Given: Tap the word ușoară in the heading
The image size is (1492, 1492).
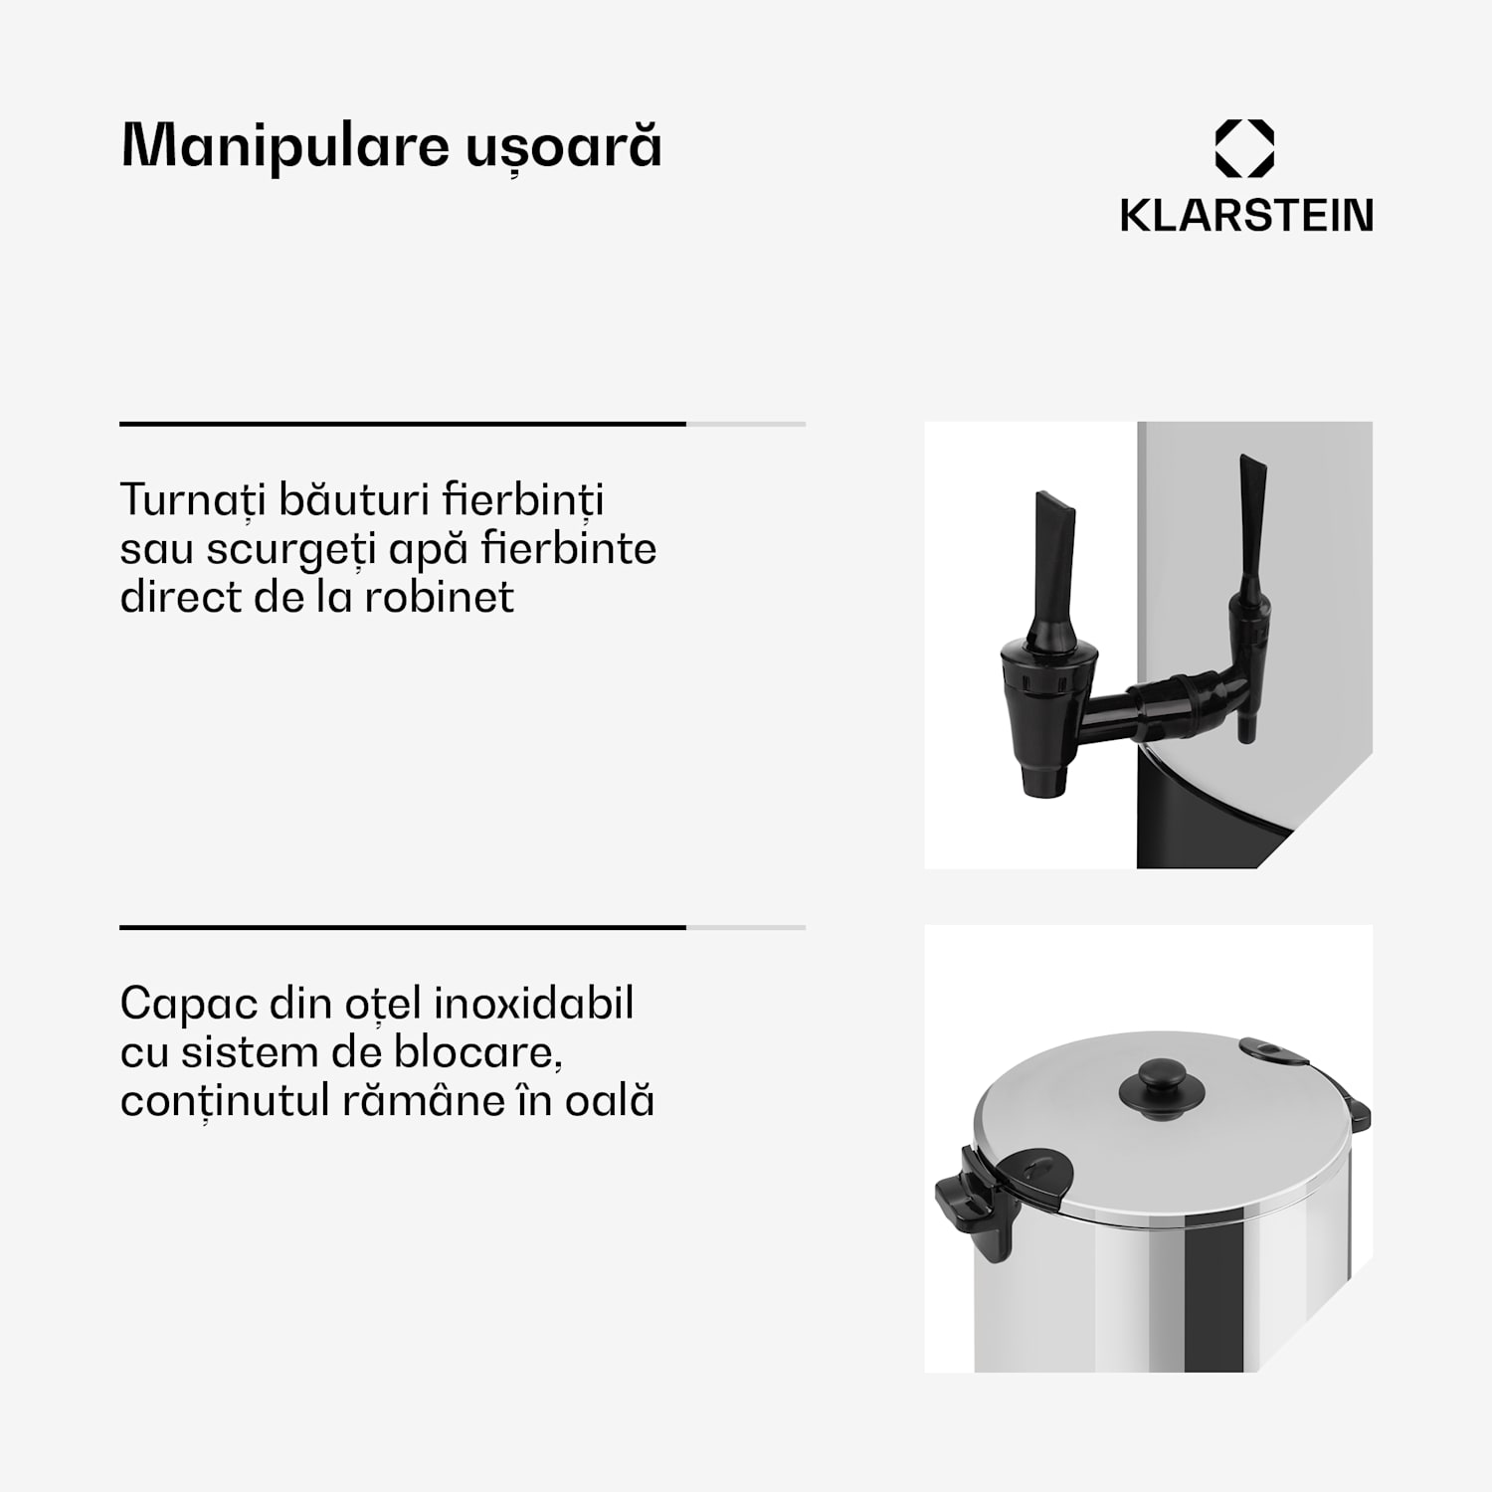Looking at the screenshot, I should (x=564, y=146).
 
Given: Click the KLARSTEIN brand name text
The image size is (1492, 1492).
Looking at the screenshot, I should (x=1246, y=216).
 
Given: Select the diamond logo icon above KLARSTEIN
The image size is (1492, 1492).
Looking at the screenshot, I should (x=1244, y=149).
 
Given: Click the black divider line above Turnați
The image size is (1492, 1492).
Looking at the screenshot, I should (x=403, y=424).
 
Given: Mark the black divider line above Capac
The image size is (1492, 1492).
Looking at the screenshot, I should (x=403, y=927).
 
